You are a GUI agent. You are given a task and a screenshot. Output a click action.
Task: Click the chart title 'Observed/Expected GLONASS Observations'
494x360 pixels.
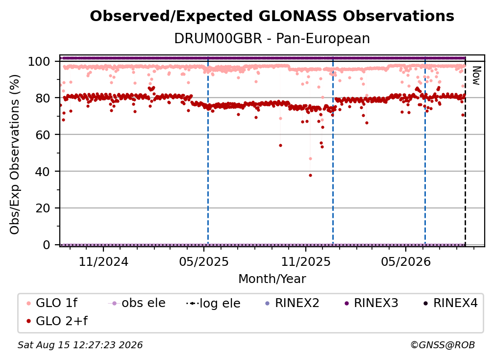(272, 16)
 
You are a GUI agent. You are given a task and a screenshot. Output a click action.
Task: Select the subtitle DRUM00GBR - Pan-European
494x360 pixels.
(272, 38)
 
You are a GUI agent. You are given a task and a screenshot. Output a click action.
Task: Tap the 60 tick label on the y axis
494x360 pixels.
(43, 135)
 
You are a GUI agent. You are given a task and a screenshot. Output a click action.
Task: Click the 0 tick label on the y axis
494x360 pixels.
(47, 245)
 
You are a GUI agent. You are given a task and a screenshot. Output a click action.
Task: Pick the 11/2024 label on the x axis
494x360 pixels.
(103, 262)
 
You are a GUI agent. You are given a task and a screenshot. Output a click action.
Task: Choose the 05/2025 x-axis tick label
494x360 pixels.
(204, 262)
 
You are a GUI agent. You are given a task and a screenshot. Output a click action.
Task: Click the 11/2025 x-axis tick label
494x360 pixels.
(306, 262)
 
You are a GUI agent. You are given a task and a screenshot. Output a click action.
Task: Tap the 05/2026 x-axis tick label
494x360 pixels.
(406, 262)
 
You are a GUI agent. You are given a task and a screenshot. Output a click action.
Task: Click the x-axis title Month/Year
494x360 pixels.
(272, 279)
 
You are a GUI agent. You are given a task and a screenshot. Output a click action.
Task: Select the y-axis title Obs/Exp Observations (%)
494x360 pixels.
(15, 154)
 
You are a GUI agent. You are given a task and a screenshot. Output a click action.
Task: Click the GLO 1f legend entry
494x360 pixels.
(52, 303)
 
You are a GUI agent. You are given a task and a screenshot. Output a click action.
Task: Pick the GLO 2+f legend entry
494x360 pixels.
(57, 321)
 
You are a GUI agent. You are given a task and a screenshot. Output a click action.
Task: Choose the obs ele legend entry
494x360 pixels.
(137, 303)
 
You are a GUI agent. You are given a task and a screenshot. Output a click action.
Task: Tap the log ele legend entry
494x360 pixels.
(213, 304)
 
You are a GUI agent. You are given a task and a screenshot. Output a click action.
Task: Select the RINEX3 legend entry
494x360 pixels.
(371, 303)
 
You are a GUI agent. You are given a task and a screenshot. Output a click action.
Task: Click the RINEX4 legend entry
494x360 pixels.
(451, 303)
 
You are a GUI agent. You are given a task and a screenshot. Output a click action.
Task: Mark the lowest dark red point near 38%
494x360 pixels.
(310, 175)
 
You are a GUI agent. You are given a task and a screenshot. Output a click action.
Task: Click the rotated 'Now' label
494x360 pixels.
(476, 76)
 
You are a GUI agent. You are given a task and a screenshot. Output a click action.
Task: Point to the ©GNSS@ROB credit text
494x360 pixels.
(443, 345)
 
